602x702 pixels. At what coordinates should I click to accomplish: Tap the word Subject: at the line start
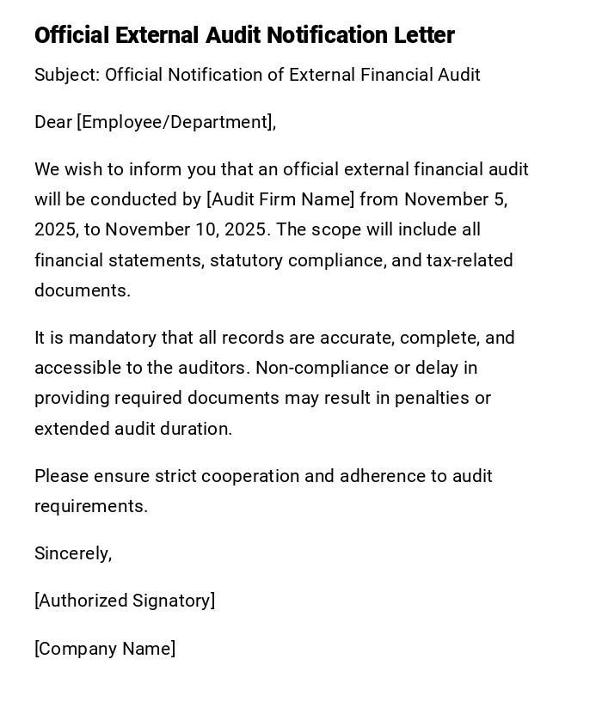pyautogui.click(x=67, y=75)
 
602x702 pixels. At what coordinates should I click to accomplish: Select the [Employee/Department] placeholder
pyautogui.click(x=175, y=122)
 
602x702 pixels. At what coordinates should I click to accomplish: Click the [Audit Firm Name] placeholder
pyautogui.click(x=280, y=199)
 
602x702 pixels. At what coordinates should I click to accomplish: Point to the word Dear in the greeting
pyautogui.click(x=53, y=122)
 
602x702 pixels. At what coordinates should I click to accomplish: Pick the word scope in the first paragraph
pyautogui.click(x=333, y=229)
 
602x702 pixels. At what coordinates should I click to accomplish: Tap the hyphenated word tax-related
pyautogui.click(x=470, y=260)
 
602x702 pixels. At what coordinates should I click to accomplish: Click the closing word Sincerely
pyautogui.click(x=72, y=553)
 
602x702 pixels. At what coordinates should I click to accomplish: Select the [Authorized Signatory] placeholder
pyautogui.click(x=125, y=601)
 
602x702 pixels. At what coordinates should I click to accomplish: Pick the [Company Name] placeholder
pyautogui.click(x=105, y=649)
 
